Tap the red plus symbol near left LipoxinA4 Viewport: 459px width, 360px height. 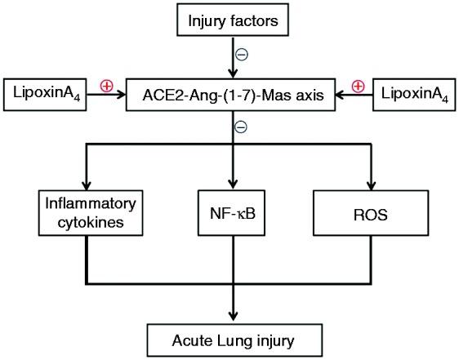pyautogui.click(x=105, y=85)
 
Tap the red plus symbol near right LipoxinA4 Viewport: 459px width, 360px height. pyautogui.click(x=357, y=85)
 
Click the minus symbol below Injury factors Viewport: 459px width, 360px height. pyautogui.click(x=242, y=55)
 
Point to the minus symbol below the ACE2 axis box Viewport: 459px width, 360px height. pyautogui.click(x=242, y=127)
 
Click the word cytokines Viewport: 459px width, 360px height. pyautogui.click(x=85, y=220)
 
